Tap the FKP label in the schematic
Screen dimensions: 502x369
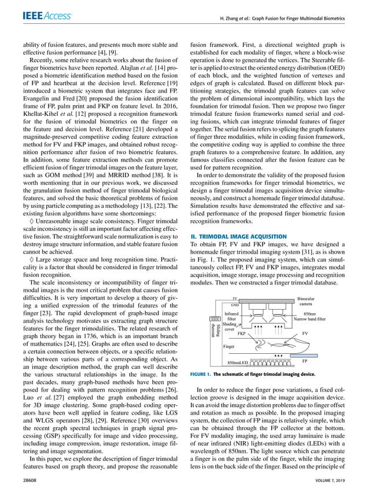[242, 334]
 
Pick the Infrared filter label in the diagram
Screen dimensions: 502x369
[231, 316]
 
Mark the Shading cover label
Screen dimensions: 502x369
[229, 327]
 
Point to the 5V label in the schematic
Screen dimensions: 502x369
[235, 298]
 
